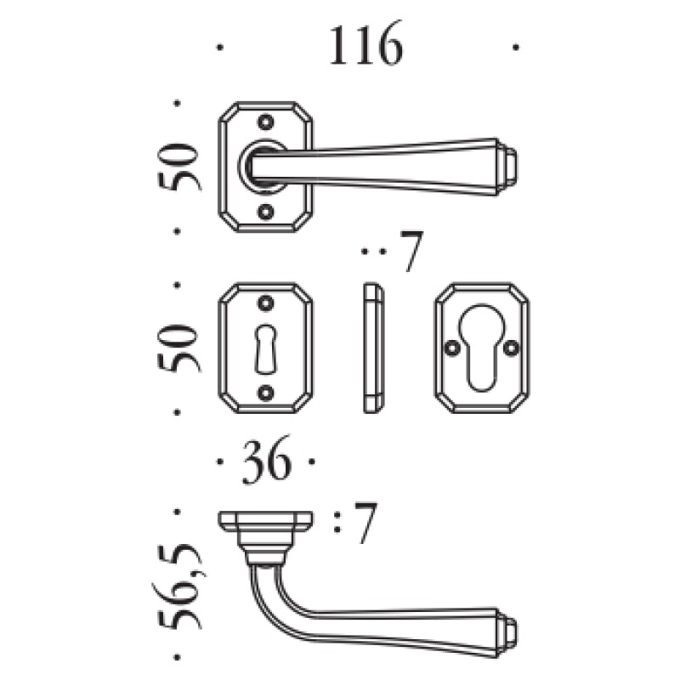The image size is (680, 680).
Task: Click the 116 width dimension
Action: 366,46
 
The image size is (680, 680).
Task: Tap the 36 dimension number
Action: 266,462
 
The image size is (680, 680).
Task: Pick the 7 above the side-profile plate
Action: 411,252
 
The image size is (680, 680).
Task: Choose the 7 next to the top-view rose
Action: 364,523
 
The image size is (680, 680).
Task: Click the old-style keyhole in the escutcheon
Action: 265,349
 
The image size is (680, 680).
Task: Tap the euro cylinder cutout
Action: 481,348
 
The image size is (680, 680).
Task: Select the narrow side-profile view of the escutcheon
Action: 373,348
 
